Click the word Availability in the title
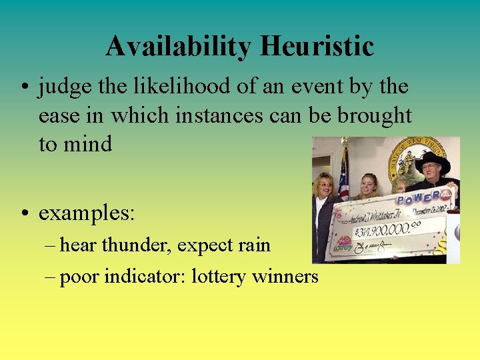[x=178, y=47]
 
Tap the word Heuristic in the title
[x=317, y=47]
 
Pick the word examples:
[x=87, y=213]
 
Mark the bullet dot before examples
[x=23, y=214]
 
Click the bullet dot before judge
[x=23, y=87]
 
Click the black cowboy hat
[x=431, y=160]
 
